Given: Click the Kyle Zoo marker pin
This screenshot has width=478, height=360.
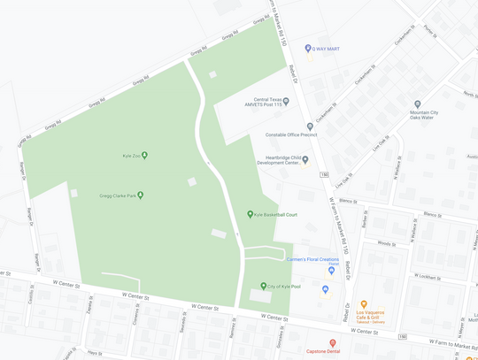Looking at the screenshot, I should click(x=145, y=156).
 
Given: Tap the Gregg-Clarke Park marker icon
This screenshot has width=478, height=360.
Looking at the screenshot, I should click(x=140, y=195).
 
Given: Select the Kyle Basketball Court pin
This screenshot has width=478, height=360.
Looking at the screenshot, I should click(x=251, y=214).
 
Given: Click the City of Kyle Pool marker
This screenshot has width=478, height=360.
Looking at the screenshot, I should click(x=263, y=287).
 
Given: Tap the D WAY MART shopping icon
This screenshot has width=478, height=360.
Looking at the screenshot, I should click(x=308, y=49).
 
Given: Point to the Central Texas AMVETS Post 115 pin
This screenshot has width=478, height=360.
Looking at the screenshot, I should click(x=286, y=103).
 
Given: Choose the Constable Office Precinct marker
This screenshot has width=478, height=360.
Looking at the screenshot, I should click(x=310, y=127).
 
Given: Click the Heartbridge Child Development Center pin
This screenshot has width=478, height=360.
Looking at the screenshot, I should click(x=305, y=160).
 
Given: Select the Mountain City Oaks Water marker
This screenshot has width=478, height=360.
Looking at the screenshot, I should click(x=417, y=105).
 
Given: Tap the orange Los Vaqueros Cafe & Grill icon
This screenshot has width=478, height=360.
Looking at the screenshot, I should click(x=363, y=305).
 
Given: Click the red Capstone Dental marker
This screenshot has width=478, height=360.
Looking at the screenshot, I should click(x=333, y=343).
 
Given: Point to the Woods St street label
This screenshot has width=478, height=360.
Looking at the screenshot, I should click(x=386, y=243).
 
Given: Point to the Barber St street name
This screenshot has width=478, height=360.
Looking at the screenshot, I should click(x=364, y=219).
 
